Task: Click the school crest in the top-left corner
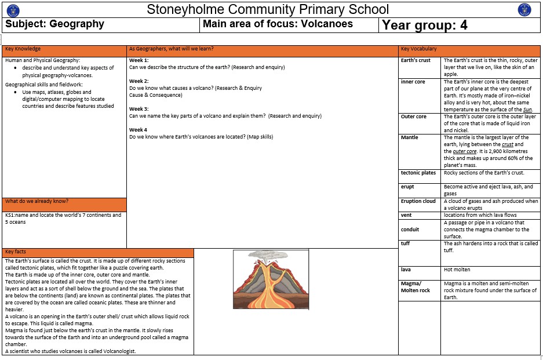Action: pos(13,9)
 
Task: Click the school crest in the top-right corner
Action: pos(524,9)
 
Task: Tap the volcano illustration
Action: pos(271,279)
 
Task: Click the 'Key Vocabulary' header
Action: pos(419,49)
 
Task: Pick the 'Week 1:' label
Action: pos(139,60)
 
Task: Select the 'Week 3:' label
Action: pos(139,109)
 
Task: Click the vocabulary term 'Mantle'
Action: pos(410,137)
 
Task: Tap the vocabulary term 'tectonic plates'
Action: pos(418,173)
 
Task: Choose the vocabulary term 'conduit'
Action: pos(410,229)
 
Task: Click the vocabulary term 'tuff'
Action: pos(406,243)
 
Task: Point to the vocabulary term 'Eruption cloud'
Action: pos(418,201)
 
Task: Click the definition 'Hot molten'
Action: pos(458,270)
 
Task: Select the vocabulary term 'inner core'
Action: pos(413,82)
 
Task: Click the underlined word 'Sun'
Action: pos(527,110)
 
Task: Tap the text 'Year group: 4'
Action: pos(425,25)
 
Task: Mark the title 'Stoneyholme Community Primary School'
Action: pos(268,9)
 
